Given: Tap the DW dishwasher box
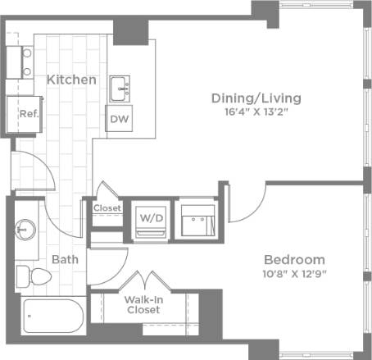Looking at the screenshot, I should point(118,119).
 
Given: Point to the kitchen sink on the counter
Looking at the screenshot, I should point(120,84).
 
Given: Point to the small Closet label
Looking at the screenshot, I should point(107,208).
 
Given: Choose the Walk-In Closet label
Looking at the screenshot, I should point(143,304).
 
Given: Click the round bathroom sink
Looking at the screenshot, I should point(26,228).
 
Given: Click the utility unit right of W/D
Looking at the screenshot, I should point(196,219).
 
